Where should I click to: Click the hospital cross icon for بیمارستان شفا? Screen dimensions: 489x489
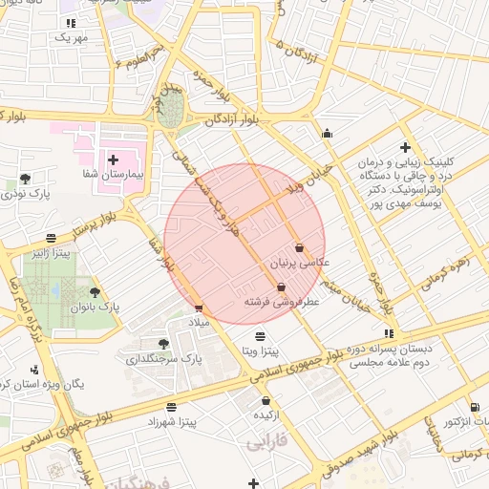coord(114,159)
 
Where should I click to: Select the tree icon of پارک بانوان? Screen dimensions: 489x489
coord(94,292)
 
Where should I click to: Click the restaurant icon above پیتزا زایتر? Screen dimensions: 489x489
coord(51,238)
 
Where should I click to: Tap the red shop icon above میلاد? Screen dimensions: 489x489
coord(199,308)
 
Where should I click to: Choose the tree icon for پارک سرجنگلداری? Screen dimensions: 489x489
coord(164,342)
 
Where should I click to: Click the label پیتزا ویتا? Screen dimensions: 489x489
coord(260,351)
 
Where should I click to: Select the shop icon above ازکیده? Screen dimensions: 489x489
coord(266,401)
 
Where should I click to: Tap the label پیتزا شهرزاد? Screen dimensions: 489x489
coord(173,420)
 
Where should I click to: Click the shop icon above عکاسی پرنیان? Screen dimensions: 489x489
coord(299,245)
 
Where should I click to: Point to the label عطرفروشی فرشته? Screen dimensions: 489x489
coord(281,302)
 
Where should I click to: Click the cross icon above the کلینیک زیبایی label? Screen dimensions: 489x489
coord(406,147)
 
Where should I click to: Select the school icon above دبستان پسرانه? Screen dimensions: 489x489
coord(387,332)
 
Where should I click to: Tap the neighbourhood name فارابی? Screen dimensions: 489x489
coord(266,444)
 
